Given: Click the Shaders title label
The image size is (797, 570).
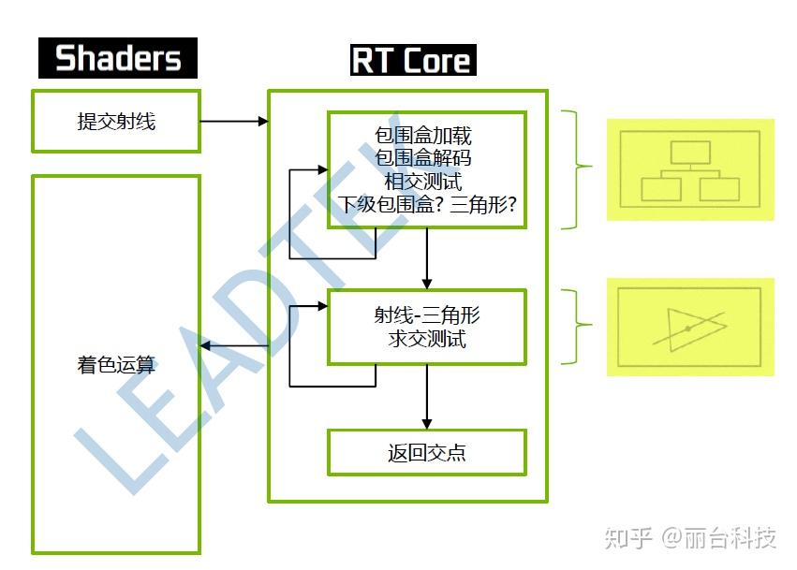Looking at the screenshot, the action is coord(118,58).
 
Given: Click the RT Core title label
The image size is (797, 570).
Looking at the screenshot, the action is coord(413,60).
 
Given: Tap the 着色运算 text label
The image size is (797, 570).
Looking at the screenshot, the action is coord(116,365).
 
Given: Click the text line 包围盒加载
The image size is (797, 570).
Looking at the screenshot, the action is coord(423,135).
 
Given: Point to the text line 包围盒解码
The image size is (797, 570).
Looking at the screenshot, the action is coord(423,158).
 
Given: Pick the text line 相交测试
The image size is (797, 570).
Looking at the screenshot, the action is coord(423,181).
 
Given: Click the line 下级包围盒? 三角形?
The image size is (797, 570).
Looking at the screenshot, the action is coord(427,204).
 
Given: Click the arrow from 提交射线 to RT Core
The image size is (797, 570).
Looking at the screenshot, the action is coord(234,122).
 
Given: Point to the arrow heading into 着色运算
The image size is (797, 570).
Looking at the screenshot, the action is coord(234,346).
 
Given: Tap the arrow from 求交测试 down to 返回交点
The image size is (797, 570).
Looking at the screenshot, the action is coord(427,397).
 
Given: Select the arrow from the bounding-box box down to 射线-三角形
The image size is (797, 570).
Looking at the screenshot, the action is coord(427,258).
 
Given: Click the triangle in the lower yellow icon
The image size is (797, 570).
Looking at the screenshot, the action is coord(697,329).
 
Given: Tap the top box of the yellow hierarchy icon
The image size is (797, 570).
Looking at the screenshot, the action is coord(690,153).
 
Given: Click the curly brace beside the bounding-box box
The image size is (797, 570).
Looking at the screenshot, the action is coord(576,169).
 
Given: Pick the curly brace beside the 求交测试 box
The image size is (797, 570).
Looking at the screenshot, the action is coord(576,327).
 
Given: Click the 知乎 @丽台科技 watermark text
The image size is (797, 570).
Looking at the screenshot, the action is coord(690,537).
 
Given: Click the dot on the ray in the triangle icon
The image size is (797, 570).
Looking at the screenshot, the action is coord(688,329).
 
